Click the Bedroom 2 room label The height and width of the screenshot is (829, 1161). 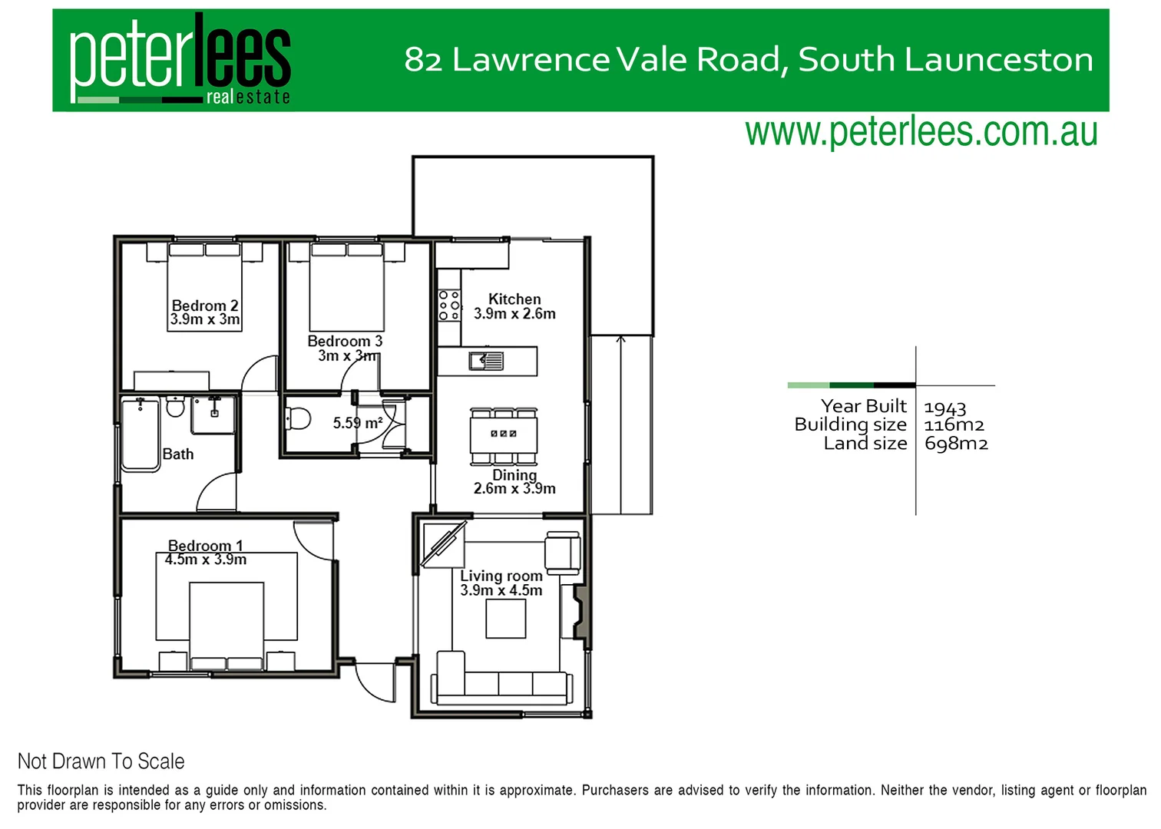(205, 306)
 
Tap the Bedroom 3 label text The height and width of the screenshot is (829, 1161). (345, 341)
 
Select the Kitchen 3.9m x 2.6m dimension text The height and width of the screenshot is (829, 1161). (514, 313)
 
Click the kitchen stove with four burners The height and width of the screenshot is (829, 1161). (449, 305)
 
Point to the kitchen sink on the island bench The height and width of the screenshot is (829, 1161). (487, 360)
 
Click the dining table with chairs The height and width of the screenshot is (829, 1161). (504, 435)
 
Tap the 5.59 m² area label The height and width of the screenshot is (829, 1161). (358, 423)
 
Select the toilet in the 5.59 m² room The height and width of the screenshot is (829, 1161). (298, 419)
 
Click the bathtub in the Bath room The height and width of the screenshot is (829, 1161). (141, 434)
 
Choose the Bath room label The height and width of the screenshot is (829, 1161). (178, 454)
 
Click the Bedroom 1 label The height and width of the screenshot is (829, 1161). (205, 546)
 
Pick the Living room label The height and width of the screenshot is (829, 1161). (501, 576)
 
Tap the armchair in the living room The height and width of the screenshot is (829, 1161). (562, 552)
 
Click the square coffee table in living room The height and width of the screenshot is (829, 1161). (506, 619)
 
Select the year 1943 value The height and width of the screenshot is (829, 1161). (945, 408)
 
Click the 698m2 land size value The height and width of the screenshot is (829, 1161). (956, 444)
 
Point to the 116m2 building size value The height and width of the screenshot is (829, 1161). (954, 425)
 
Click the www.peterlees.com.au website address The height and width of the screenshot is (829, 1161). (921, 132)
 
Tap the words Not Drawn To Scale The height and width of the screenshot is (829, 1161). (101, 761)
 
